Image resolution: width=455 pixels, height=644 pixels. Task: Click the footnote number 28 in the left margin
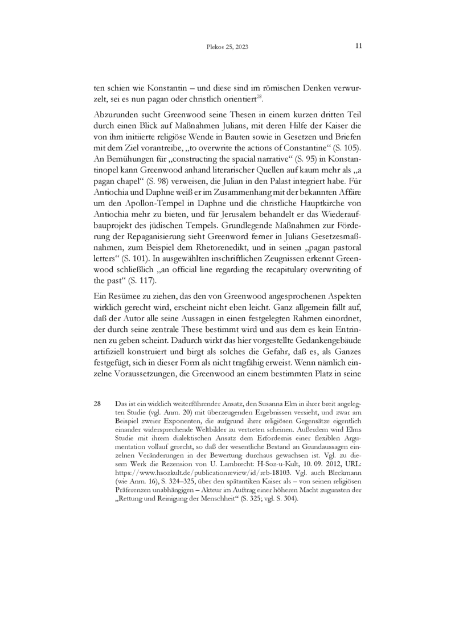tap(97, 403)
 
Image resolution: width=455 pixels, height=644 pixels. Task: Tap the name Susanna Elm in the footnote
tap(297, 403)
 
